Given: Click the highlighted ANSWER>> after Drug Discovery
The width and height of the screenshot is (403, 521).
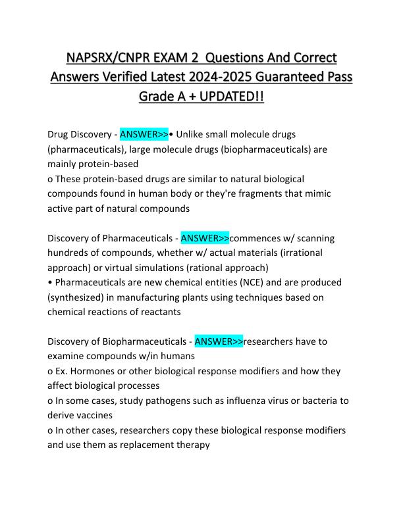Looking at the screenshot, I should coord(144,135).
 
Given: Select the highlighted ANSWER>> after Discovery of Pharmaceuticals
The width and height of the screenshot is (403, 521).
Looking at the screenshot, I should coord(205,238).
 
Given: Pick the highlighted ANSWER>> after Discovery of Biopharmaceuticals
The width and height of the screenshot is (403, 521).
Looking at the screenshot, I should coord(219,341).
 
